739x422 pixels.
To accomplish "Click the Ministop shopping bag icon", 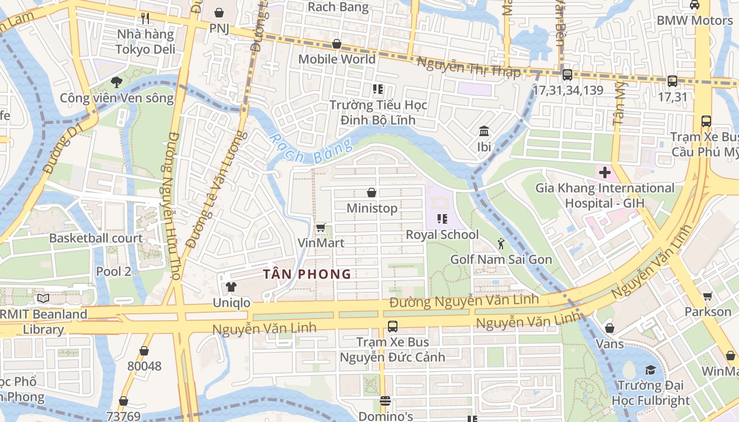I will tap(372, 193).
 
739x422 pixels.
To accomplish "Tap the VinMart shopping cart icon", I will tap(320, 228).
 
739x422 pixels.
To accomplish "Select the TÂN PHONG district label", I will tap(308, 274).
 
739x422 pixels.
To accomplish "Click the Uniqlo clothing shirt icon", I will tap(231, 287).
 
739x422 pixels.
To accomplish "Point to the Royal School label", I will tap(442, 235).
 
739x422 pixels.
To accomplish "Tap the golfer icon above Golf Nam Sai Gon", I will tap(501, 244).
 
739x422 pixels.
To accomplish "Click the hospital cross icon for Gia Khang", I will tap(605, 172).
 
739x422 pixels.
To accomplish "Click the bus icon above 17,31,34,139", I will tap(567, 75).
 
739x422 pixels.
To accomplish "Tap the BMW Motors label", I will tap(694, 21).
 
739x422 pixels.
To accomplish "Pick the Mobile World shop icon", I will tap(337, 44).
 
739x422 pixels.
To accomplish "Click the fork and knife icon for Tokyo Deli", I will tap(145, 19).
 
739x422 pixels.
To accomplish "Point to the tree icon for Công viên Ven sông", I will tap(117, 82).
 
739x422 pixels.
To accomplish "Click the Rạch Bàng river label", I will tap(310, 150).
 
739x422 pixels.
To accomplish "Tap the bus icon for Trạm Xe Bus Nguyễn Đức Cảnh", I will tap(392, 326).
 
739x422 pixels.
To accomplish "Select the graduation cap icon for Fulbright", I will tap(650, 370).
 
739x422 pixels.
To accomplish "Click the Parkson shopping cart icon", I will tap(707, 296).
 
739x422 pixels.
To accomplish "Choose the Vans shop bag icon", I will tap(610, 329).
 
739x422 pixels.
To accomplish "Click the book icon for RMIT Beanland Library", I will tap(43, 299).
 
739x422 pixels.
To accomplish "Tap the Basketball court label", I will tap(96, 238).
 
